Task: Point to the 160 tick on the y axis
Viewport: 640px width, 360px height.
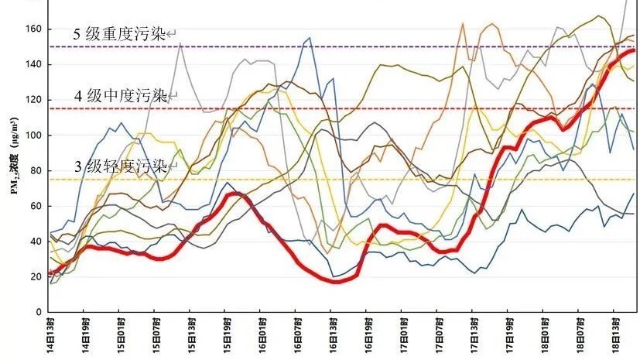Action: point(33,29)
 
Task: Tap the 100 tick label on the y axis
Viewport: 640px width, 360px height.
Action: point(33,135)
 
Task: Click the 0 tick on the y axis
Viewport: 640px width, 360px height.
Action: point(38,312)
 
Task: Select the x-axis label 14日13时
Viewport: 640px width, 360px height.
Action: point(50,334)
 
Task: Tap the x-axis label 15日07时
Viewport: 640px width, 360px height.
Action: point(156,334)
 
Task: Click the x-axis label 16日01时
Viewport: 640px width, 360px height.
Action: point(262,334)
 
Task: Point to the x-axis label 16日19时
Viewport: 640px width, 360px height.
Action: point(368,334)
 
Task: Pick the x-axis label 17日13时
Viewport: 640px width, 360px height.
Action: point(474,334)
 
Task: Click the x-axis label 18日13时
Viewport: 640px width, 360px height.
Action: point(615,334)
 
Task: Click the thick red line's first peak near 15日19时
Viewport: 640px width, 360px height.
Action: point(237,193)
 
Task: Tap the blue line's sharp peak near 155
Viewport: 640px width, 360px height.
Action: point(310,37)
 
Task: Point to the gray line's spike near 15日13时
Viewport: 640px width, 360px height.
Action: point(180,44)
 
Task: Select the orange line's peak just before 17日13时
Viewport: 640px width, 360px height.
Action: point(463,23)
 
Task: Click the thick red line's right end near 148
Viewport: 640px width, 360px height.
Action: point(634,50)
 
